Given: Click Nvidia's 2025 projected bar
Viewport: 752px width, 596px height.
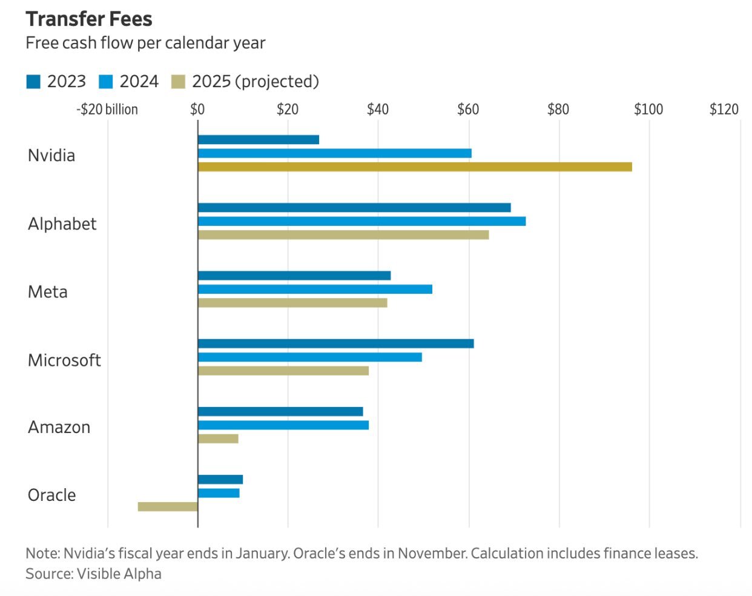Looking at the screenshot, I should (415, 167).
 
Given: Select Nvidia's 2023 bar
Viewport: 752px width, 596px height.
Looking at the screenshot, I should (259, 140).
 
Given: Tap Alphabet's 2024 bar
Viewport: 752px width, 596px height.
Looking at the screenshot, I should (361, 221).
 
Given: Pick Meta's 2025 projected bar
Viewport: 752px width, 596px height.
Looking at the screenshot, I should (292, 303).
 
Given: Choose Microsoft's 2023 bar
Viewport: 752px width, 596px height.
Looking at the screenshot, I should (335, 343).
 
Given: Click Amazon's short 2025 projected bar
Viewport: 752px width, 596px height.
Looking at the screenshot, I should (218, 439).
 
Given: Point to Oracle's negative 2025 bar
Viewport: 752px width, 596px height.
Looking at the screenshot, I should (168, 506).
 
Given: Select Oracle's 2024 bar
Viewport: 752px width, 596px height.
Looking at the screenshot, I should (219, 493).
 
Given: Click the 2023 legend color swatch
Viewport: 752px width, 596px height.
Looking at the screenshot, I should (33, 82).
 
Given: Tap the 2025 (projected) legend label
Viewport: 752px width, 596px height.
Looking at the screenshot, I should (255, 82).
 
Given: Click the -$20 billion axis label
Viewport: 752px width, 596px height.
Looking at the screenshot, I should (107, 110).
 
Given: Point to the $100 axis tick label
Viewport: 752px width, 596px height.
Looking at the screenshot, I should (648, 110).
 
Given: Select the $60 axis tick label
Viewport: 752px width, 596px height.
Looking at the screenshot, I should (468, 110).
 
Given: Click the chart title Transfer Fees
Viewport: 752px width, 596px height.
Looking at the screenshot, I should (89, 19).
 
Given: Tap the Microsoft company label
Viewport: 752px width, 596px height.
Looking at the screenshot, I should (64, 360).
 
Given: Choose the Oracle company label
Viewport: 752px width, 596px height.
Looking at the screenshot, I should (52, 495).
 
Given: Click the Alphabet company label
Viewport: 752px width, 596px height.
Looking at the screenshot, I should (62, 224).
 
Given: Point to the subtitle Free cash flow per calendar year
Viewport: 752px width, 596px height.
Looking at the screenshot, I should (145, 43).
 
